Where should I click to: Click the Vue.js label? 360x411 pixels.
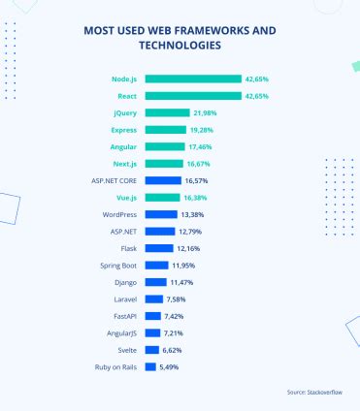(121, 197)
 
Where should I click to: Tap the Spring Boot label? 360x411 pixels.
(116, 265)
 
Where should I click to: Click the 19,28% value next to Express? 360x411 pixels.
(203, 129)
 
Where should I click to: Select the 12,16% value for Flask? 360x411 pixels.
(189, 248)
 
